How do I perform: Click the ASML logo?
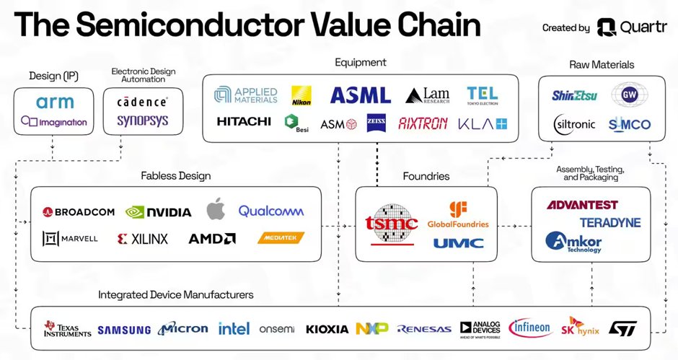tap(360, 95)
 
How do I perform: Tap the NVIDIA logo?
tap(158, 211)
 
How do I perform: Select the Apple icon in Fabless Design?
tap(216, 210)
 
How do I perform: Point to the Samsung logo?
tap(124, 330)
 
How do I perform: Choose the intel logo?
tap(234, 329)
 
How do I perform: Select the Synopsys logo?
tap(142, 121)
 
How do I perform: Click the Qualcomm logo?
tap(271, 211)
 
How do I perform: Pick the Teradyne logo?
tap(609, 222)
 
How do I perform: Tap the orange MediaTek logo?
tap(281, 237)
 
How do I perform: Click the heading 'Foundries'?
tap(426, 176)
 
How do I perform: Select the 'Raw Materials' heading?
tap(601, 64)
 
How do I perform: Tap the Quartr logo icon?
tap(607, 27)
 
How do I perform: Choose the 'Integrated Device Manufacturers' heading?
tap(176, 294)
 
